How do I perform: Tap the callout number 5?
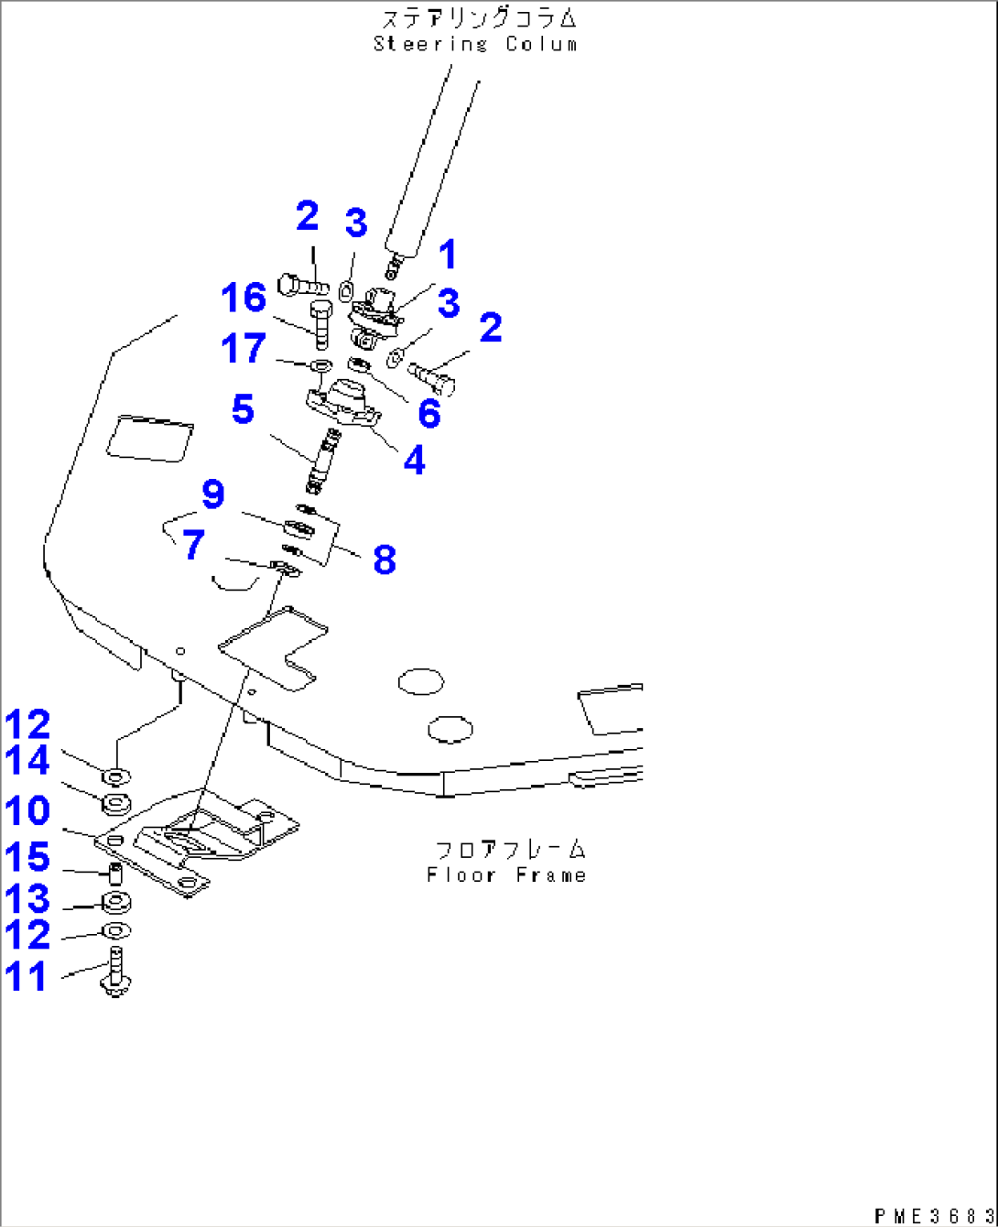(x=243, y=409)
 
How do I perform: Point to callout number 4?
(x=414, y=461)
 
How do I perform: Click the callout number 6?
(x=428, y=413)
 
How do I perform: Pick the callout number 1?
(x=447, y=257)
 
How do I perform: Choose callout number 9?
(x=212, y=494)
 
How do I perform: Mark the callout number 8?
(x=384, y=559)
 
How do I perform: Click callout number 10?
(x=27, y=811)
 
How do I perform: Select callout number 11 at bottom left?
(x=27, y=976)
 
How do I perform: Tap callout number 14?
(x=27, y=762)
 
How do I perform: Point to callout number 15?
(x=27, y=858)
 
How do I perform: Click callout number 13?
(x=27, y=900)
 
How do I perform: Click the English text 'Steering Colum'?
(x=475, y=44)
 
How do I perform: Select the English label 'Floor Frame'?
(x=506, y=875)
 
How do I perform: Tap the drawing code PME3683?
(x=929, y=1215)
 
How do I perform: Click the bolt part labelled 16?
(x=320, y=325)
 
